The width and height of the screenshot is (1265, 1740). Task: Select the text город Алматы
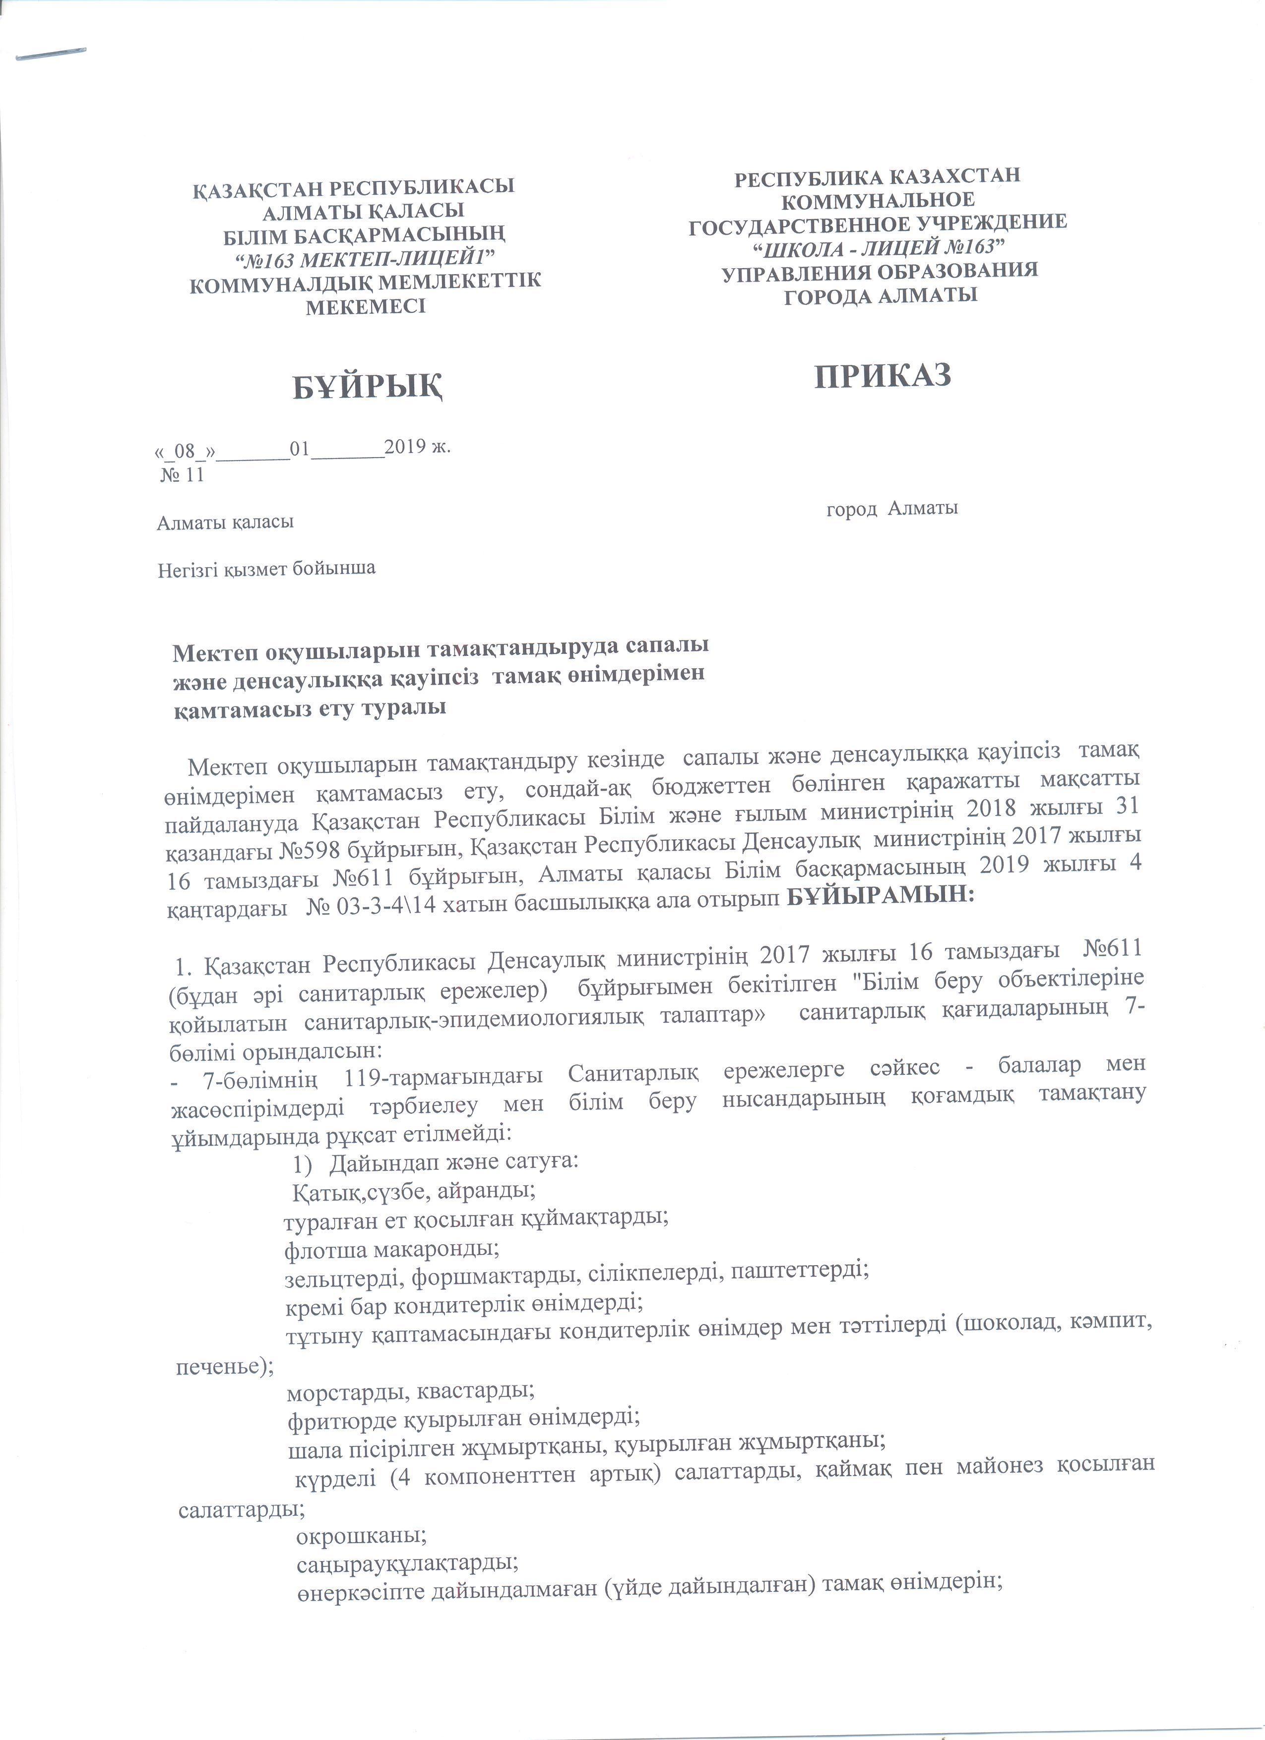coord(892,508)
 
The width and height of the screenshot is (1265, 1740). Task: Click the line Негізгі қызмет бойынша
coord(266,569)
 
